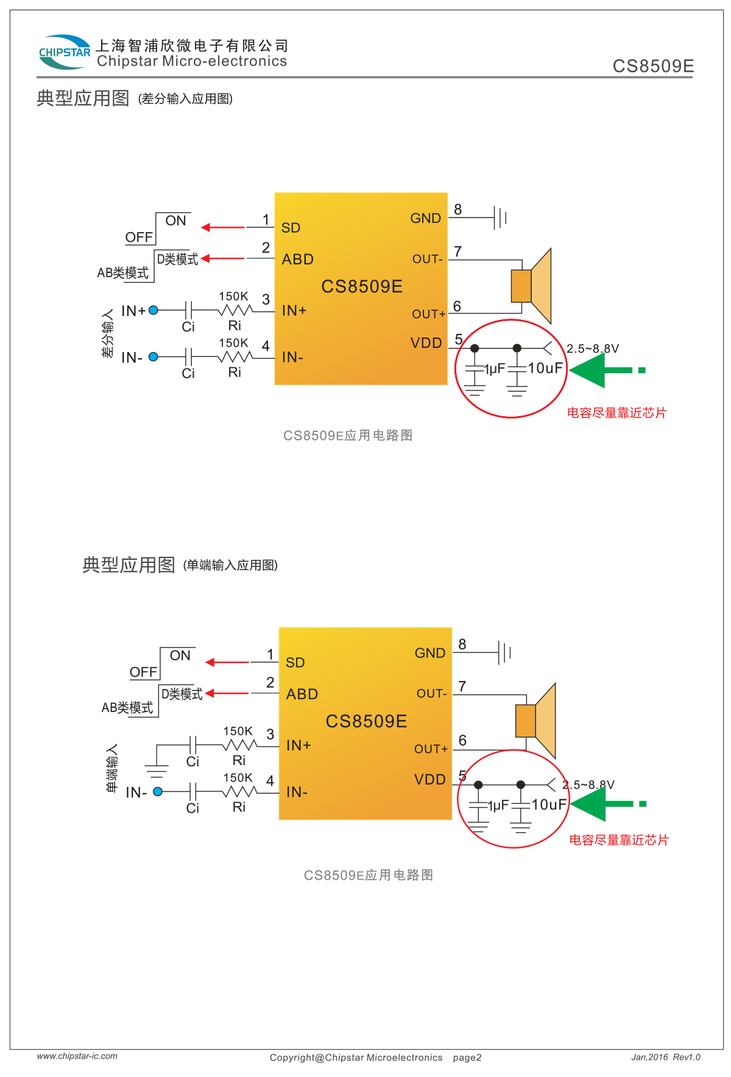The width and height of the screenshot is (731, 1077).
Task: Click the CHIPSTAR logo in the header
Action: [x=64, y=52]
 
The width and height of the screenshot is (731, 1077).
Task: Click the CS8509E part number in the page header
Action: [x=653, y=66]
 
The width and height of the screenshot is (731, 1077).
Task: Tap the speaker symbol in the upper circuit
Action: [x=531, y=286]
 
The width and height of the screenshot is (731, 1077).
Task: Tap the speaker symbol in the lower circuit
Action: [x=535, y=721]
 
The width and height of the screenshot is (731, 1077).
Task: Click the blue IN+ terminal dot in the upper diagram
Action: [x=154, y=310]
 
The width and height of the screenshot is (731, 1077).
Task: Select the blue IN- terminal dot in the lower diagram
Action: [x=158, y=791]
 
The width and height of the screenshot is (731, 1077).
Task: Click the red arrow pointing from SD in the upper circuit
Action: [x=222, y=227]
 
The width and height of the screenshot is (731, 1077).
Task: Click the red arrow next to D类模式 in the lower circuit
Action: [x=227, y=693]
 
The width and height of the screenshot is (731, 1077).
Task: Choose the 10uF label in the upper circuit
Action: [x=545, y=368]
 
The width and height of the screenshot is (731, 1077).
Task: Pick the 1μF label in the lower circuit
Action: [x=498, y=805]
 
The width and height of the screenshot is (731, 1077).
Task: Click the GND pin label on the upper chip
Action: [x=425, y=218]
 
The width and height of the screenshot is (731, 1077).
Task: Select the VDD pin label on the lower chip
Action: [x=430, y=780]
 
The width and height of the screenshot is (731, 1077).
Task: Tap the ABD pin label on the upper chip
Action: [x=298, y=260]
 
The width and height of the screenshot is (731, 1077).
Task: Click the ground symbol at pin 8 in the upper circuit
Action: [x=500, y=217]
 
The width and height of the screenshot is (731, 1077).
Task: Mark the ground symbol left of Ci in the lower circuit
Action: [x=157, y=770]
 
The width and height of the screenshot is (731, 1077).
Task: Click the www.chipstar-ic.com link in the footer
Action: [x=77, y=1056]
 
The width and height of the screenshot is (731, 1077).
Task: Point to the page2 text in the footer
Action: [x=467, y=1058]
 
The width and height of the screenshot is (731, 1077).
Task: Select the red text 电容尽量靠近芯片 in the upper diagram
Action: [x=616, y=413]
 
